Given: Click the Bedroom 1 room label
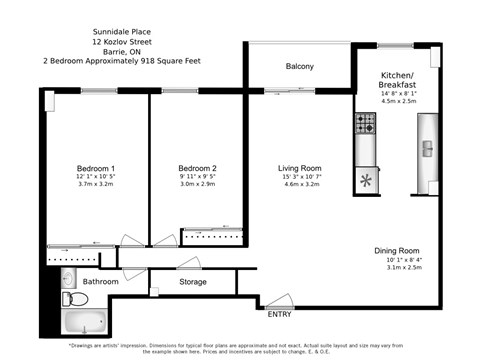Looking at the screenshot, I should point(96,168).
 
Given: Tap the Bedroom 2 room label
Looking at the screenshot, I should point(197,168).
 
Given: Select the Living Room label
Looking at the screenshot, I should point(300,168).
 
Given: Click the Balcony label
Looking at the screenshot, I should point(300,67).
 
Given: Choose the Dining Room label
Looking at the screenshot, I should point(397,250).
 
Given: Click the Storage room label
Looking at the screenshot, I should point(193,282).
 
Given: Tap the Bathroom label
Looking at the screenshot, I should point(100,282).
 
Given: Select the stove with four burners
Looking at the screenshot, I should point(365,123).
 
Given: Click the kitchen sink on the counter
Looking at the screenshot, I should point(427,149).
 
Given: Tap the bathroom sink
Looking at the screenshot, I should point(68,277).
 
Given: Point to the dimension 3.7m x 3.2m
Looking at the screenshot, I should point(96,185).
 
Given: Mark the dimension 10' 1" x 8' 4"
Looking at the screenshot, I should point(397,259).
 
